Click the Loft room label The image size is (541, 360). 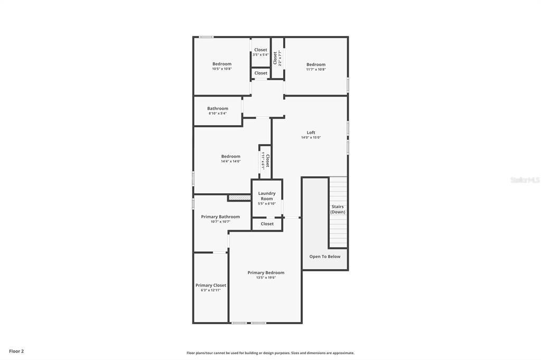click(x=311, y=132)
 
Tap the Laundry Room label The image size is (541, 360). click(x=267, y=196)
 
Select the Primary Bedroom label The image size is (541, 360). click(x=266, y=272)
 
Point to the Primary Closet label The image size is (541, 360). click(x=211, y=285)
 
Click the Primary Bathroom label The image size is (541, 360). click(x=220, y=216)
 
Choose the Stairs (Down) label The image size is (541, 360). click(x=338, y=209)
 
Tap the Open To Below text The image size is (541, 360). click(x=325, y=257)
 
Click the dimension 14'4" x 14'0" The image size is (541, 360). click(x=230, y=162)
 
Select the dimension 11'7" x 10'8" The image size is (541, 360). click(x=316, y=69)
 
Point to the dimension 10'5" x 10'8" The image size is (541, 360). click(x=222, y=69)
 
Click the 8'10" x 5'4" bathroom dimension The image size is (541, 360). click(x=218, y=113)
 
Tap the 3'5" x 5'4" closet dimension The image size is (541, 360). click(x=260, y=54)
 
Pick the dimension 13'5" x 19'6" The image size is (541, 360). click(x=266, y=278)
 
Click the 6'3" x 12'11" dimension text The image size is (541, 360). click(x=211, y=290)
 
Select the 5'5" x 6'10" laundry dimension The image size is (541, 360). click(x=267, y=204)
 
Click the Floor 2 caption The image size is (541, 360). click(x=16, y=351)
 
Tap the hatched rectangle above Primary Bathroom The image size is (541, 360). click(x=239, y=197)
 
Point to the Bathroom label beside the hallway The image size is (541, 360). click(x=218, y=108)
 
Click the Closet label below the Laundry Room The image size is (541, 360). click(x=267, y=224)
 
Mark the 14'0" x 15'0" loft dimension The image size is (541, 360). click(x=311, y=138)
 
